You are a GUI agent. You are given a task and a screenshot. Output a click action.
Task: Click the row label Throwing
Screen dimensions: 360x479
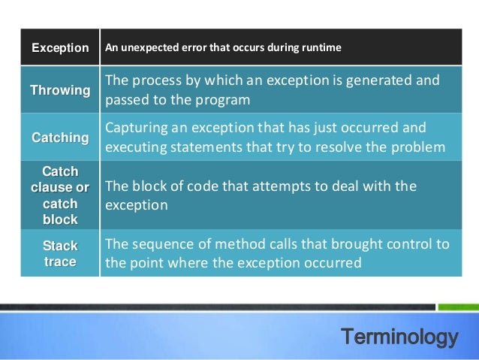(60, 91)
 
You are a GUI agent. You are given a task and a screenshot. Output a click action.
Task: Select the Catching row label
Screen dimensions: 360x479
(60, 138)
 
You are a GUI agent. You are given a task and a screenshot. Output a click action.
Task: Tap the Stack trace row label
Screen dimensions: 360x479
(60, 254)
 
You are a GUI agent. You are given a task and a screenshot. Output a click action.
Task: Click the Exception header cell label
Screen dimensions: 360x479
(60, 48)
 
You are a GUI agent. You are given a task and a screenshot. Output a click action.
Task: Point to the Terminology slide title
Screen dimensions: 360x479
(399, 337)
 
